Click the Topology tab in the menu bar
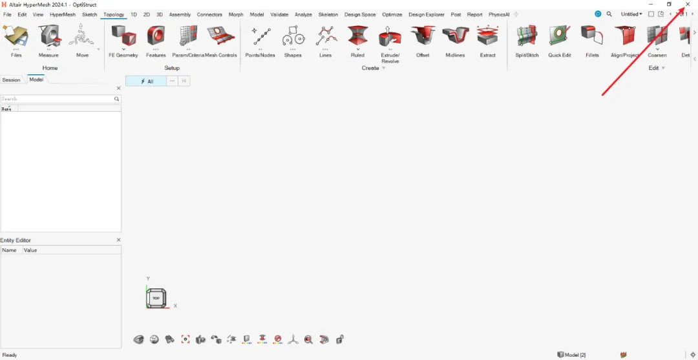114,14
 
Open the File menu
7,14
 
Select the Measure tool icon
48,37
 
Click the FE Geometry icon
123,37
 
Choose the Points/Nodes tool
260,37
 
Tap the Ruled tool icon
357,37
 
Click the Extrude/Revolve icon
390,37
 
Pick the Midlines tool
455,37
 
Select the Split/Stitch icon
527,37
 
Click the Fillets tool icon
592,37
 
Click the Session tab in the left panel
12,79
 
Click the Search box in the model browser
57,99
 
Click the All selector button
147,81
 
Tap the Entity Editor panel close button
118,240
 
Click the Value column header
30,250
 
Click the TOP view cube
156,298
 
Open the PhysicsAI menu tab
499,14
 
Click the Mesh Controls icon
221,37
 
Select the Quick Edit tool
559,37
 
